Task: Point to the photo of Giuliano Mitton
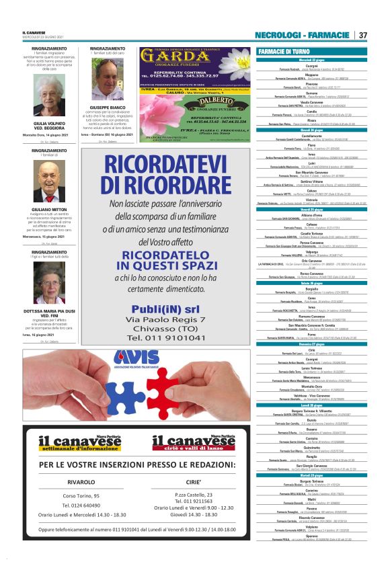49,184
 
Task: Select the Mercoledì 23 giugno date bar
311,59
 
